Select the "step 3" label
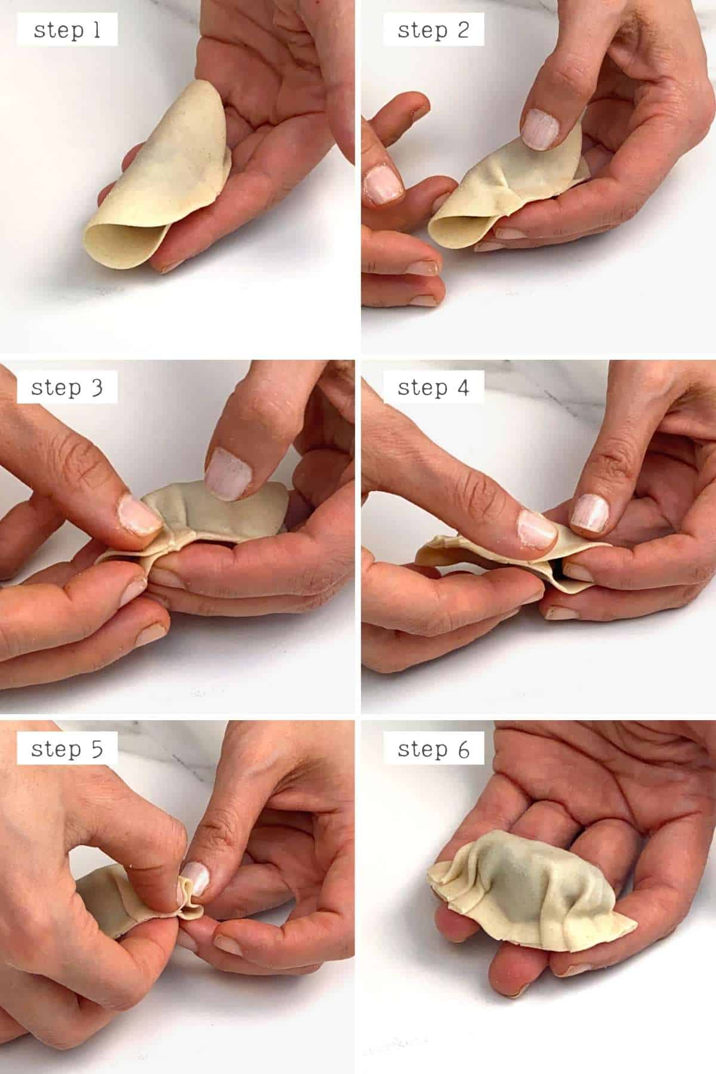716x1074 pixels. pos(67,387)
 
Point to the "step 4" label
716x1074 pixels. pos(433,387)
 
